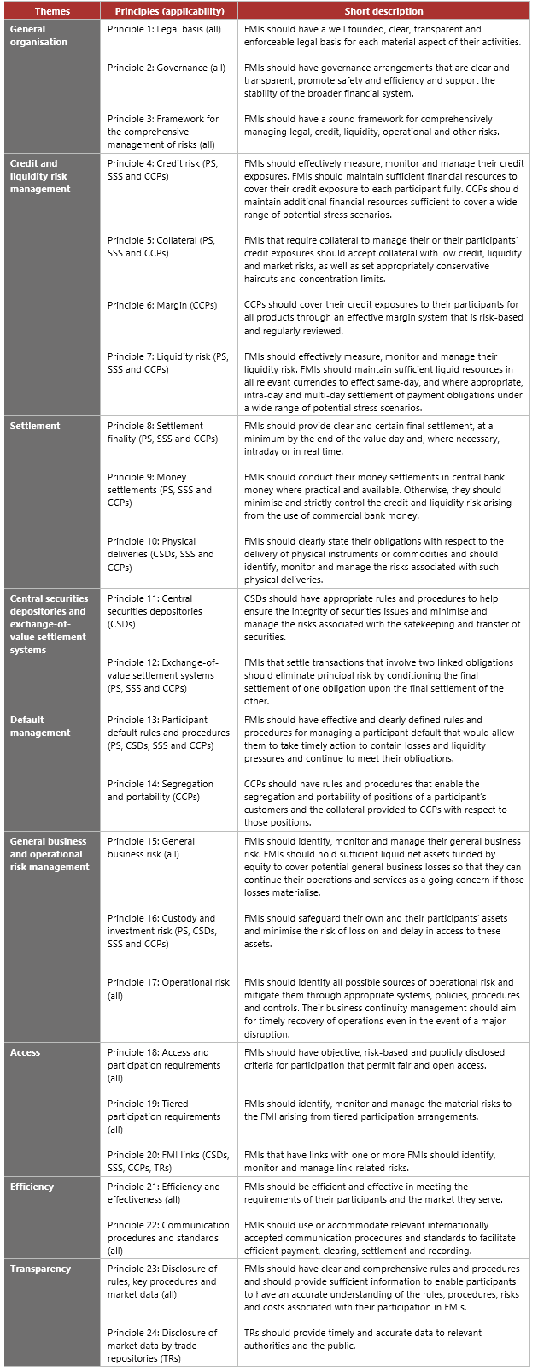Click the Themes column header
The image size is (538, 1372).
coord(52,11)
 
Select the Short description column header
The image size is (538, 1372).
coord(383,11)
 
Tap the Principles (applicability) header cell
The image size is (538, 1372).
coord(169,11)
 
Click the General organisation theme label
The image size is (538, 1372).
coord(39,35)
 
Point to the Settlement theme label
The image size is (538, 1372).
coord(35,426)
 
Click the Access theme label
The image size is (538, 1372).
coord(25,1052)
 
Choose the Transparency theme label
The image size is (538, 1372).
coord(40,1269)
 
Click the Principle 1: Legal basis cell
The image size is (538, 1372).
coord(164,29)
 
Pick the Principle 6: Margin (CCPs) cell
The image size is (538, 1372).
coord(162,305)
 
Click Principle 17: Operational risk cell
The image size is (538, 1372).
coord(168,989)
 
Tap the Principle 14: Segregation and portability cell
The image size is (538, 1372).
coord(161,790)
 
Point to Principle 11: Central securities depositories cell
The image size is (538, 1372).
coord(155,611)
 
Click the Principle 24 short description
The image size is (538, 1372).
coord(363,1339)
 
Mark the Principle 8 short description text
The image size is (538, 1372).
coord(369,439)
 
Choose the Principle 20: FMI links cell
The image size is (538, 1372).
coord(168,1161)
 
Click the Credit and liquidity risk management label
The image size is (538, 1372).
coord(40,176)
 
